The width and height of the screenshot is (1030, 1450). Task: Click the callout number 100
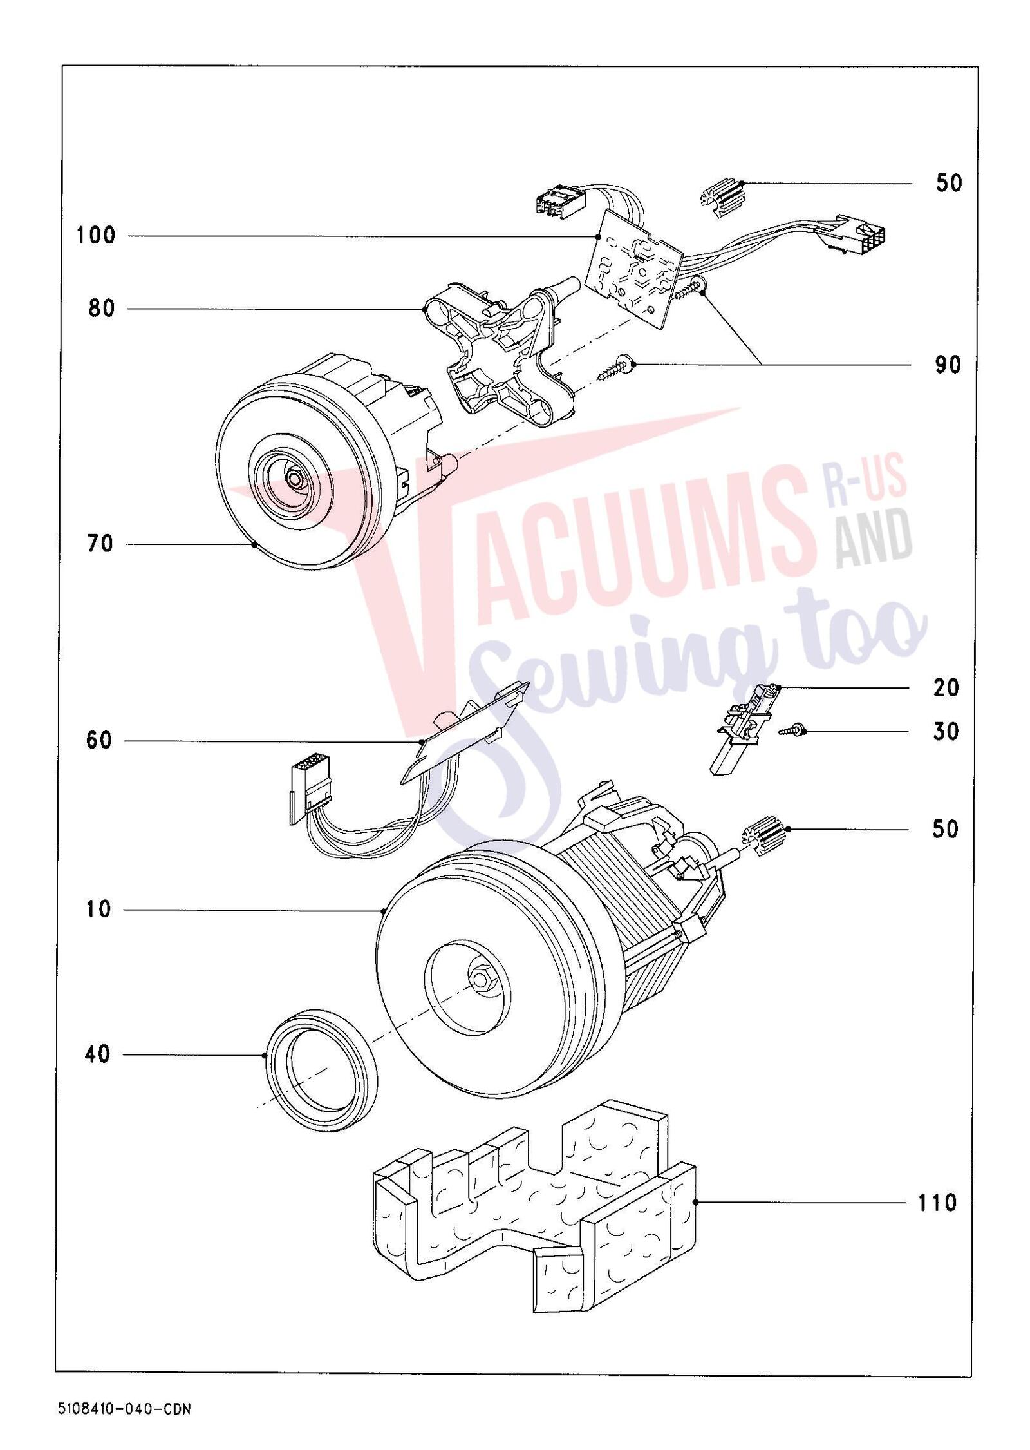pos(96,236)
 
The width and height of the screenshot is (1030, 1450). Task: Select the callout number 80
pos(102,309)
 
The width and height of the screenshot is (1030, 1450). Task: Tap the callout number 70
pos(100,544)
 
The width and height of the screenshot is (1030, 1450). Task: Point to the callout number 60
pos(99,741)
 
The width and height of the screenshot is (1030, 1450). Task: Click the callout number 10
pos(98,910)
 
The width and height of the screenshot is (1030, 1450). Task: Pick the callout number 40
pos(97,1054)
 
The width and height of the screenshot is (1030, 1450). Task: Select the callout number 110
pos(937,1203)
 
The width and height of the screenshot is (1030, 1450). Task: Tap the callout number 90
pos(947,365)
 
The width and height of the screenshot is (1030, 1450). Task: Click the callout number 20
pos(946,688)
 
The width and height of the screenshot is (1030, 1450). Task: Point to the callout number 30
pos(946,732)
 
